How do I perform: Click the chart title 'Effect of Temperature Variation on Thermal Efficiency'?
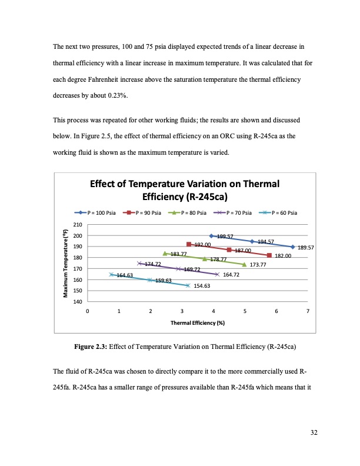point(184,189)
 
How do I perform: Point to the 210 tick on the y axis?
point(78,225)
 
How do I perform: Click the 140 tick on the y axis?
point(78,302)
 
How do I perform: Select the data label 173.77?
point(259,265)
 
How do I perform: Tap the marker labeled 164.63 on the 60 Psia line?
point(111,274)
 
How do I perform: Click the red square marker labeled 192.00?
point(189,244)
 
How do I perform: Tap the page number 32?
point(314,433)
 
